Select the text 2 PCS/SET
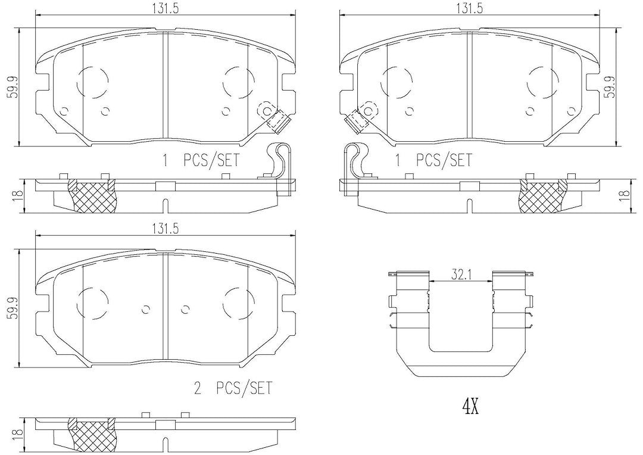click(x=233, y=387)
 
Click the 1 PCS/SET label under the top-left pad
click(x=201, y=160)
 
